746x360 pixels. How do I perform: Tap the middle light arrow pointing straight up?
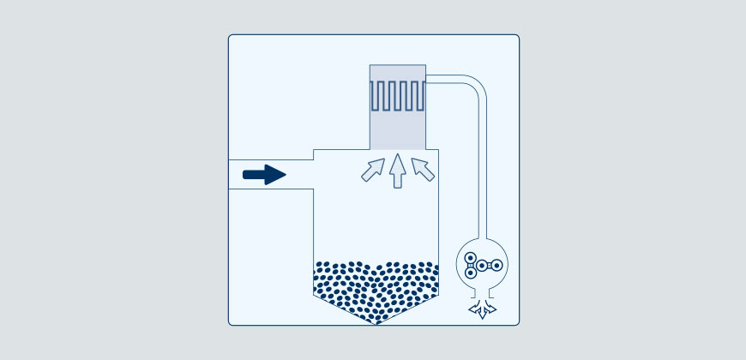(396, 171)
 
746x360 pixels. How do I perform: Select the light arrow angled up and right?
(372, 169)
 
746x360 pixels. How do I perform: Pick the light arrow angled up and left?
(423, 168)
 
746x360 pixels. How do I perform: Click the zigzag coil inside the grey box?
(398, 95)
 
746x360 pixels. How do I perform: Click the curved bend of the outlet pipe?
(477, 88)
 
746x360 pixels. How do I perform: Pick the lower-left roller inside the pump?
(470, 274)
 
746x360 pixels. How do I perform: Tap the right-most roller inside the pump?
(496, 266)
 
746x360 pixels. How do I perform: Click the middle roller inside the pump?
(482, 266)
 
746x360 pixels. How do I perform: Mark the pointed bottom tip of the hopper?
(376, 323)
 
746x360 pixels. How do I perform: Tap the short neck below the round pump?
(483, 296)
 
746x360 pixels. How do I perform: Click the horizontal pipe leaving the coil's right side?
(446, 79)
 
